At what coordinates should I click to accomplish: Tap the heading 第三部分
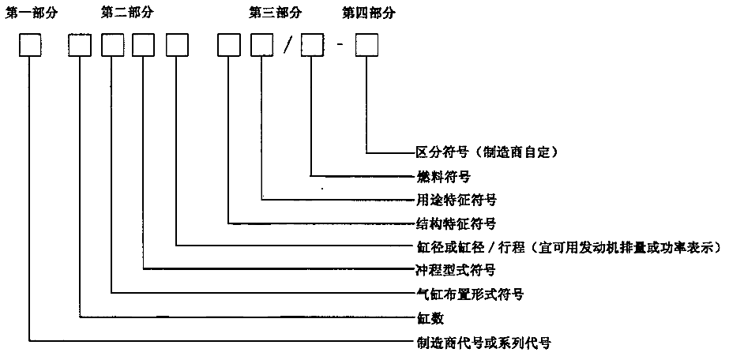[275, 13]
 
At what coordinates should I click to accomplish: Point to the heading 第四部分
[369, 13]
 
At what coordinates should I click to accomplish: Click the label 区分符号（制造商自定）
[491, 150]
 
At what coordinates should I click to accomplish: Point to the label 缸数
[429, 318]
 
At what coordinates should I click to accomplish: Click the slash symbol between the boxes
[287, 48]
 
